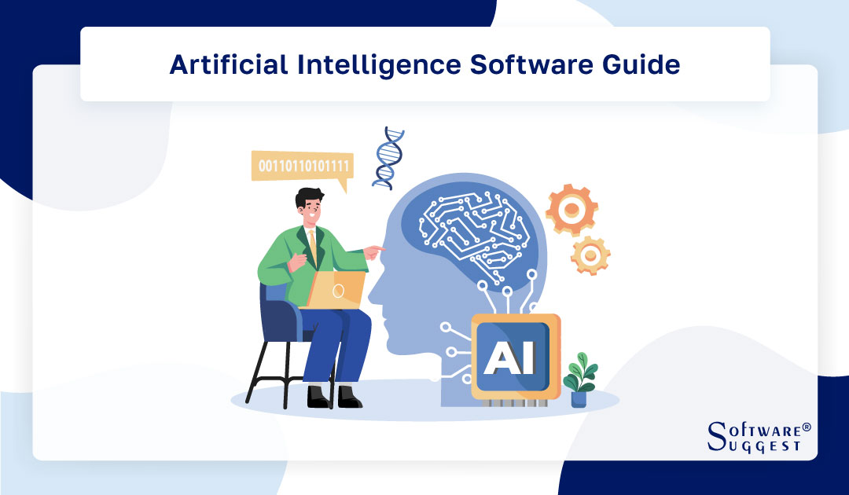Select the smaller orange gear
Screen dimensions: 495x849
pyautogui.click(x=590, y=255)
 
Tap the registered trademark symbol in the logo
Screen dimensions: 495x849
pyautogui.click(x=806, y=427)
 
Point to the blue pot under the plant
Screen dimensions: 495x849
pyautogui.click(x=579, y=398)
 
